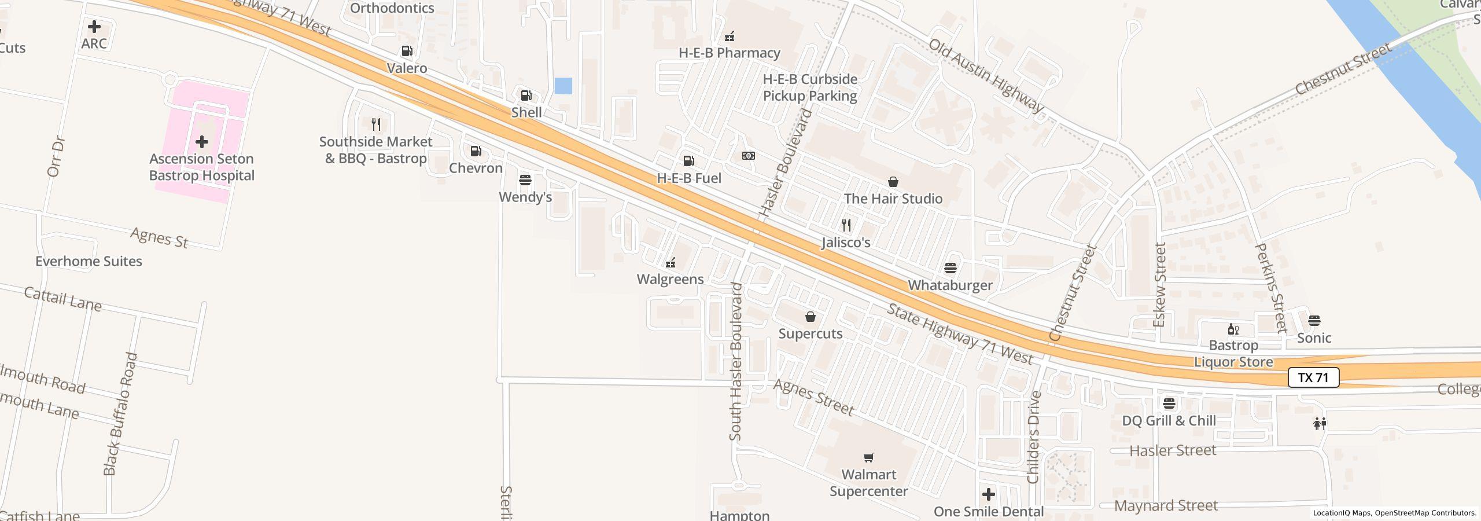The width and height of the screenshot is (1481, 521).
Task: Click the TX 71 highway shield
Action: point(1313,377)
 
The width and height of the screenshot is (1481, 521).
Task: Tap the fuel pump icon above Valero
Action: point(407,51)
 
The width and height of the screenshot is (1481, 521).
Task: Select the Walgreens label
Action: point(670,279)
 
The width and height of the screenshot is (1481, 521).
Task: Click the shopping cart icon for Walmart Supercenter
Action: point(868,458)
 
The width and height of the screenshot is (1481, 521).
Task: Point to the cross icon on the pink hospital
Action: point(201,141)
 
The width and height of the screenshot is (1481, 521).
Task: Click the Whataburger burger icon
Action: point(950,268)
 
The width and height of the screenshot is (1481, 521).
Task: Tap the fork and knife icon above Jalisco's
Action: point(846,225)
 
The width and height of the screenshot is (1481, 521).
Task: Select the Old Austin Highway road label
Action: point(986,76)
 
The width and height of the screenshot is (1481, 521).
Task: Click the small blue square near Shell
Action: point(563,86)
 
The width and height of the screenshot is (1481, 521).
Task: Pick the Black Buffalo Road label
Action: point(120,414)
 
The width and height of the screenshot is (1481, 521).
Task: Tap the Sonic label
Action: point(1314,338)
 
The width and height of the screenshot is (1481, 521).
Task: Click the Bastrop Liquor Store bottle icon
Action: point(1233,329)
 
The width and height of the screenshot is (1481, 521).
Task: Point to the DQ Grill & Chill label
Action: point(1169,421)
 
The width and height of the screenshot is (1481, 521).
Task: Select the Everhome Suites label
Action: point(89,261)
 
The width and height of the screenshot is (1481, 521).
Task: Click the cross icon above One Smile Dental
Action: point(988,494)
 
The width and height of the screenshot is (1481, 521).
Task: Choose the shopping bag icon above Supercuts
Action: point(811,317)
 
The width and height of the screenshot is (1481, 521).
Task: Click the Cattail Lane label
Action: point(62,299)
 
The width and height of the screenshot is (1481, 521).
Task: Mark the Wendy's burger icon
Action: point(525,179)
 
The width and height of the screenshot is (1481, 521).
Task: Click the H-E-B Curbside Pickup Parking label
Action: point(810,87)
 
